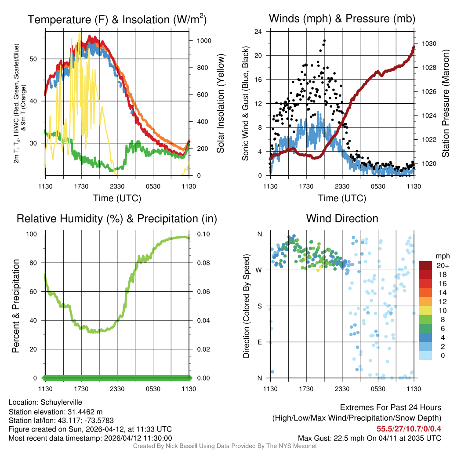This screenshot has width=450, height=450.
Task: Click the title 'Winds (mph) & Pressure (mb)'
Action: [x=342, y=18]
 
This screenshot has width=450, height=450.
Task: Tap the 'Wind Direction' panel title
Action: [x=342, y=218]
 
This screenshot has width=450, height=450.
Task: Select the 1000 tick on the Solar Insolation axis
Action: [x=204, y=40]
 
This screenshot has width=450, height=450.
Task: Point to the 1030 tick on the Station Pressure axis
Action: [x=428, y=44]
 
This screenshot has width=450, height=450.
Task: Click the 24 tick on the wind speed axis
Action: [x=258, y=32]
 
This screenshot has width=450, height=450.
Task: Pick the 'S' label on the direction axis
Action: [x=259, y=306]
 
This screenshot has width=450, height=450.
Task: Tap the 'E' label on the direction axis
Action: [x=259, y=342]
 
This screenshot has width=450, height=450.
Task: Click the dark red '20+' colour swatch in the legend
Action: [x=426, y=265]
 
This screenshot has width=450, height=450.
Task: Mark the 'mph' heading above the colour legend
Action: [x=441, y=256]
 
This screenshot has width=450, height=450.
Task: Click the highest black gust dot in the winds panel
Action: [x=324, y=40]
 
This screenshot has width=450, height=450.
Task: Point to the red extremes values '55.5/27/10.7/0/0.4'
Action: [x=409, y=428]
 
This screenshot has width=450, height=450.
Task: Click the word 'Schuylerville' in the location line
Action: [x=61, y=402]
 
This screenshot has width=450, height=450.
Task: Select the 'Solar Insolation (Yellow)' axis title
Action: [x=220, y=103]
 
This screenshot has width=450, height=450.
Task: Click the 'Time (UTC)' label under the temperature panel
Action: [x=117, y=198]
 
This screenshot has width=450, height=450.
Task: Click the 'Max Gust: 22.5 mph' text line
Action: [x=369, y=438]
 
